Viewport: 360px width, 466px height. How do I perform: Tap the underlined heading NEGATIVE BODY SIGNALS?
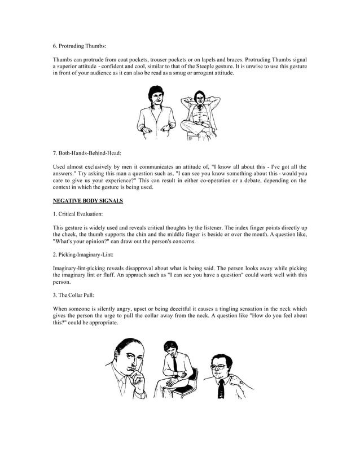pyautogui.click(x=87, y=201)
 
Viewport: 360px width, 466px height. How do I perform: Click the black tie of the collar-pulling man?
pyautogui.click(x=222, y=389)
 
